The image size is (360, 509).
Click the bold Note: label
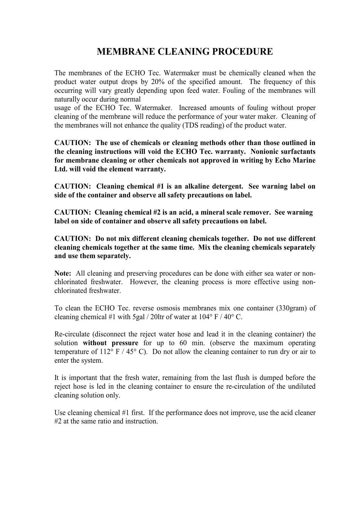(63, 274)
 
